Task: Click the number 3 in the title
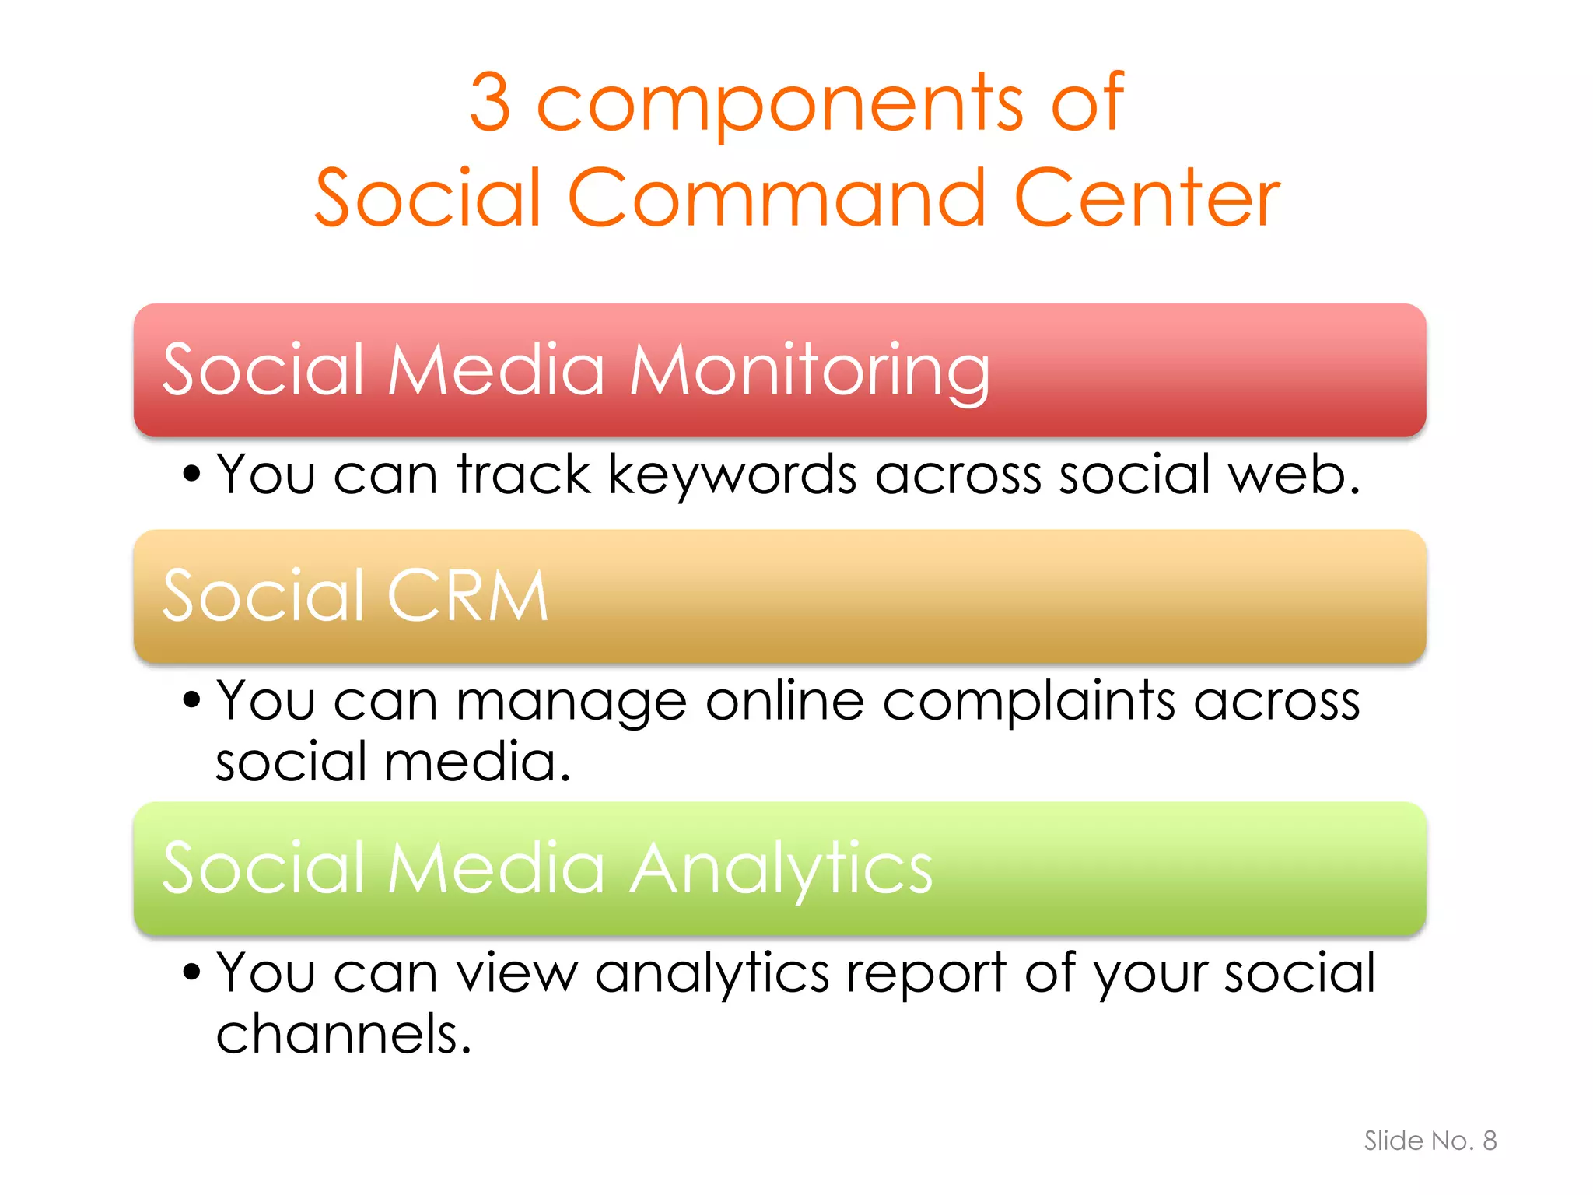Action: point(491,102)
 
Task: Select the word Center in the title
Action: point(1147,198)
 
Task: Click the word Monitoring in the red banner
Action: point(810,371)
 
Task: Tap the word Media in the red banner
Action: point(496,370)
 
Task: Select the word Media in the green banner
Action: point(496,868)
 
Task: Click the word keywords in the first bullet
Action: point(732,475)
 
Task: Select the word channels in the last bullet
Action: point(343,1035)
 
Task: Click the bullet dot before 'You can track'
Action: point(191,473)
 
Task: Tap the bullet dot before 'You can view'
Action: point(191,972)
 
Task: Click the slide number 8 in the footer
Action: point(1489,1141)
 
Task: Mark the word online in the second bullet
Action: point(785,701)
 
